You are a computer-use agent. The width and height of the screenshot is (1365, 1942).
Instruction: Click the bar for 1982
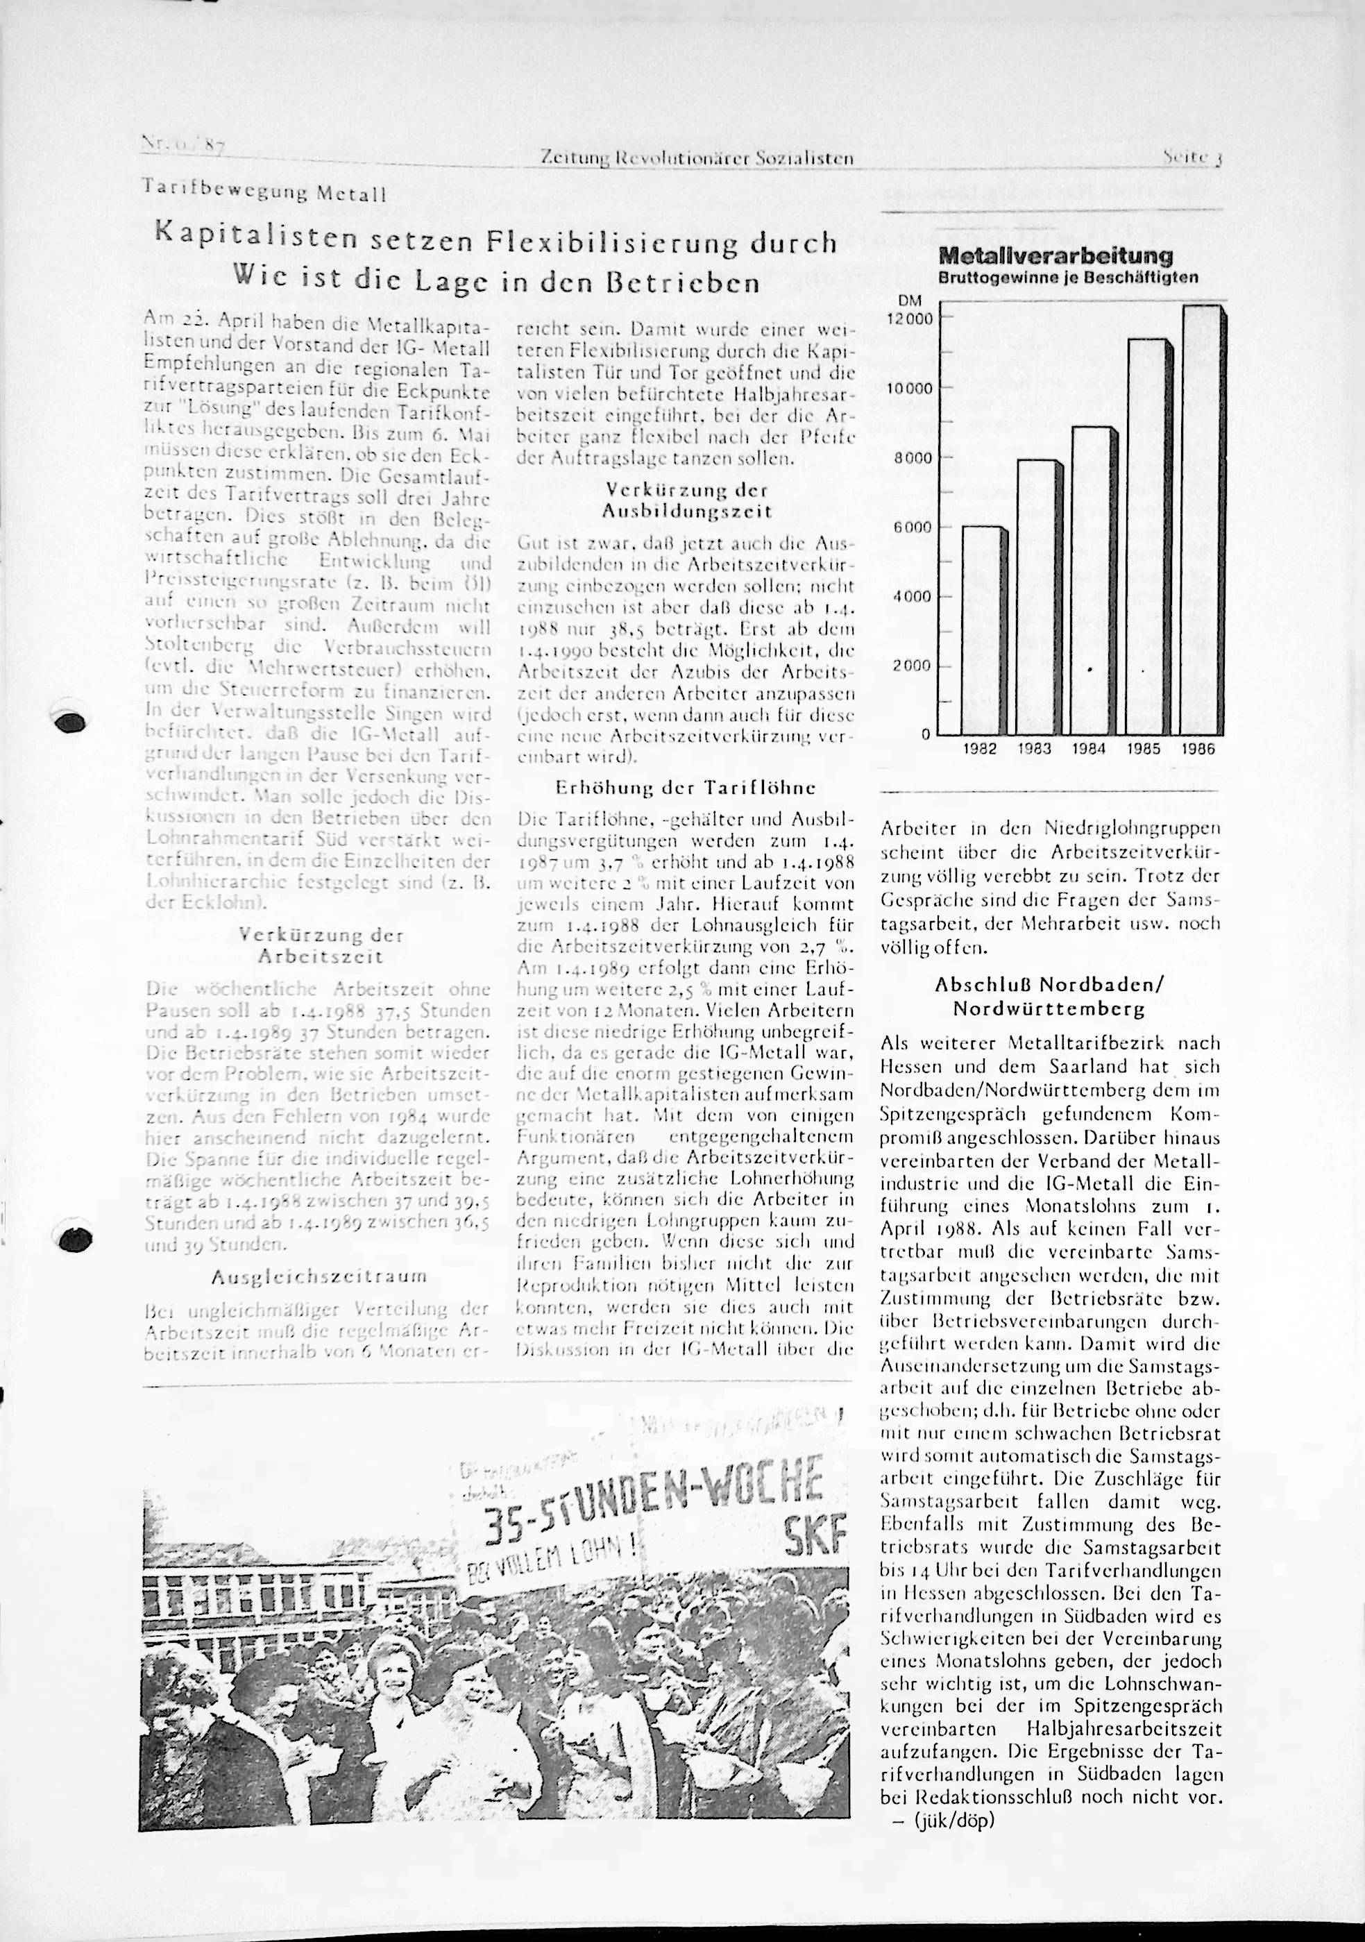point(983,630)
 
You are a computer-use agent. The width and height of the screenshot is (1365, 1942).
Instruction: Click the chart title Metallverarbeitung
point(1055,255)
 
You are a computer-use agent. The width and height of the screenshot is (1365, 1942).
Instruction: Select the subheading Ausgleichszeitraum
point(319,1276)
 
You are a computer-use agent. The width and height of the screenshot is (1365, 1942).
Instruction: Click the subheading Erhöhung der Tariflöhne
point(685,788)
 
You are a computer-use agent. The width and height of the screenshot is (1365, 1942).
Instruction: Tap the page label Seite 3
point(1195,158)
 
